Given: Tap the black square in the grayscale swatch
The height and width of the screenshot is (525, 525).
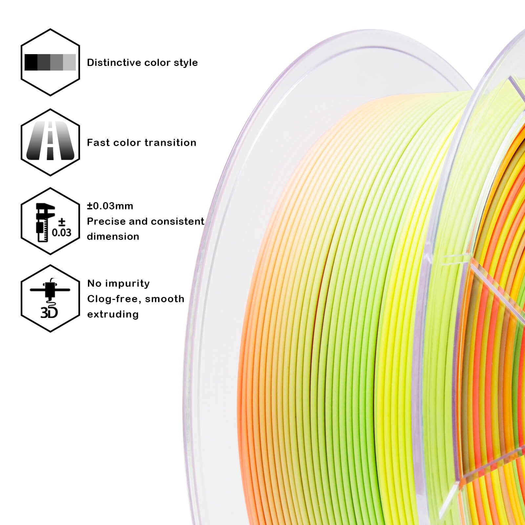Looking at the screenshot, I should point(31,62).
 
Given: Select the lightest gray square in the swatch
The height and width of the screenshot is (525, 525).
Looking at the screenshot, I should point(69,62).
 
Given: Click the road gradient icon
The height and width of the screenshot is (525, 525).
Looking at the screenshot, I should point(50,141).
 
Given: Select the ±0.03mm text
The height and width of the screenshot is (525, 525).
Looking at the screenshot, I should point(110,206).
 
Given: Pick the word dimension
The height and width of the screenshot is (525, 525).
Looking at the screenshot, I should point(113,237).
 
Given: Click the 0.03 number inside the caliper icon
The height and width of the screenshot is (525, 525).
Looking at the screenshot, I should point(61,232).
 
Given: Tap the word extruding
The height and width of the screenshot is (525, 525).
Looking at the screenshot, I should point(113,314).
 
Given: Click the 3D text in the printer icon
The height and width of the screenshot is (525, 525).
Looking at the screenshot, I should point(49,312).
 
